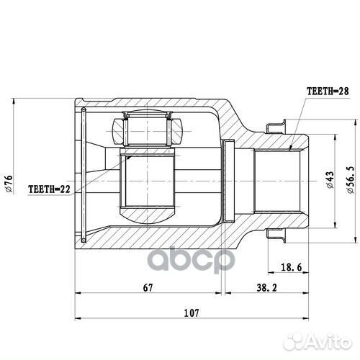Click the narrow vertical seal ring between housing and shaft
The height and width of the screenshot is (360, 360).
230,181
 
